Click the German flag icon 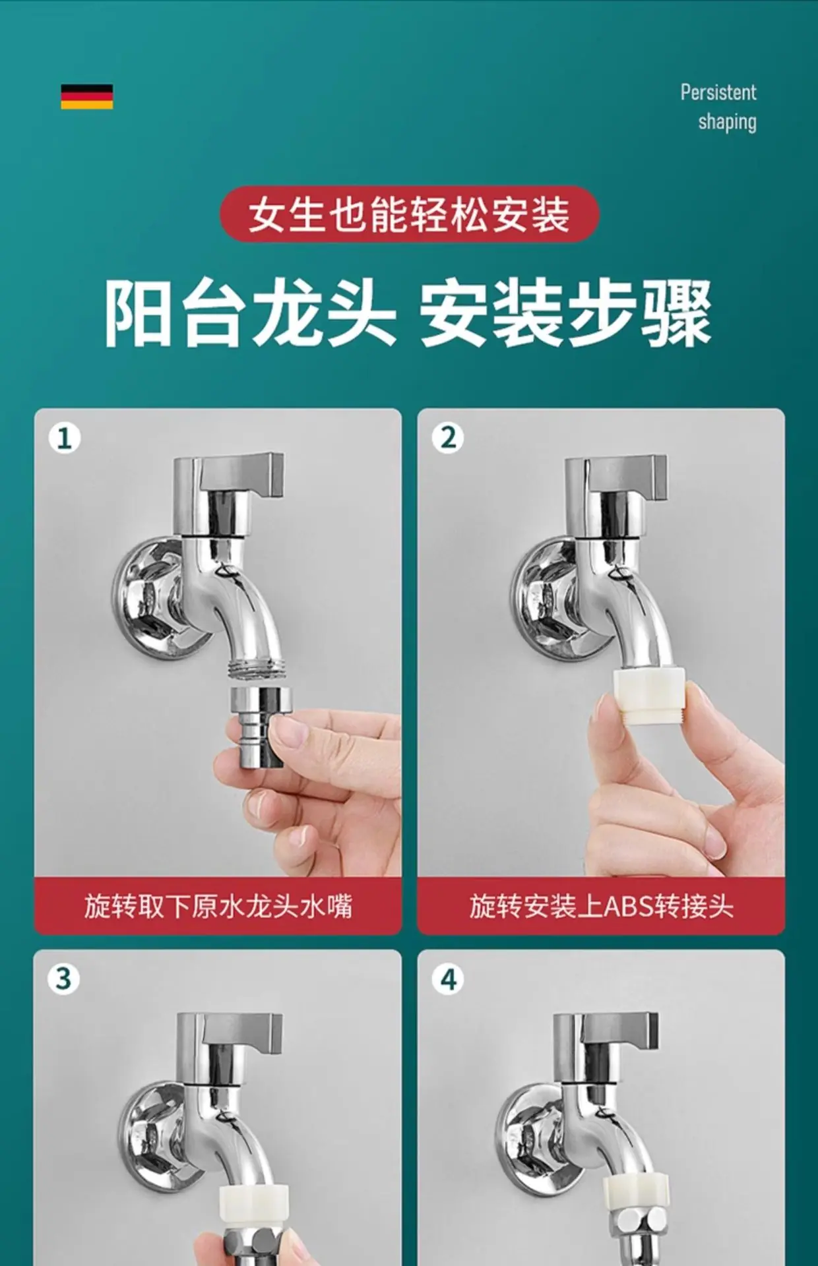87,96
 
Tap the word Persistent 718,92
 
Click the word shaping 727,123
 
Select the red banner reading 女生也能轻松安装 409,214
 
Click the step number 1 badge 65,438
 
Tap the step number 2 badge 448,438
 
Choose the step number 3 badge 64,979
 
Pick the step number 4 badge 448,979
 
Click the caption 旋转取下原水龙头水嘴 218,906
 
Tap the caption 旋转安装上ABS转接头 602,906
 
